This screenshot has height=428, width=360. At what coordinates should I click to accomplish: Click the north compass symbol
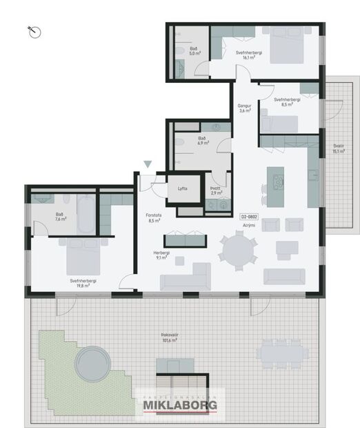click(35, 31)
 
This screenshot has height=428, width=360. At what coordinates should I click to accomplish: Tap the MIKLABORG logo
click(181, 405)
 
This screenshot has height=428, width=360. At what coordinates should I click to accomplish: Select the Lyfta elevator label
click(182, 188)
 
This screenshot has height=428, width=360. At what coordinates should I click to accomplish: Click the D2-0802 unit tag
click(249, 217)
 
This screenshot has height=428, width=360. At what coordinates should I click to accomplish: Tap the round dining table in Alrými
click(237, 247)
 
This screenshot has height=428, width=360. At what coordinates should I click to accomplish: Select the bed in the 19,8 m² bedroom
click(84, 257)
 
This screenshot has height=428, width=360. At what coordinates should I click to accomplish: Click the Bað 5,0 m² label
click(195, 50)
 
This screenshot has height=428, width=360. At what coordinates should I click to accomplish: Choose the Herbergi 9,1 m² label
click(162, 255)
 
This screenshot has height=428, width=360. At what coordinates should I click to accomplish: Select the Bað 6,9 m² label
click(203, 142)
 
